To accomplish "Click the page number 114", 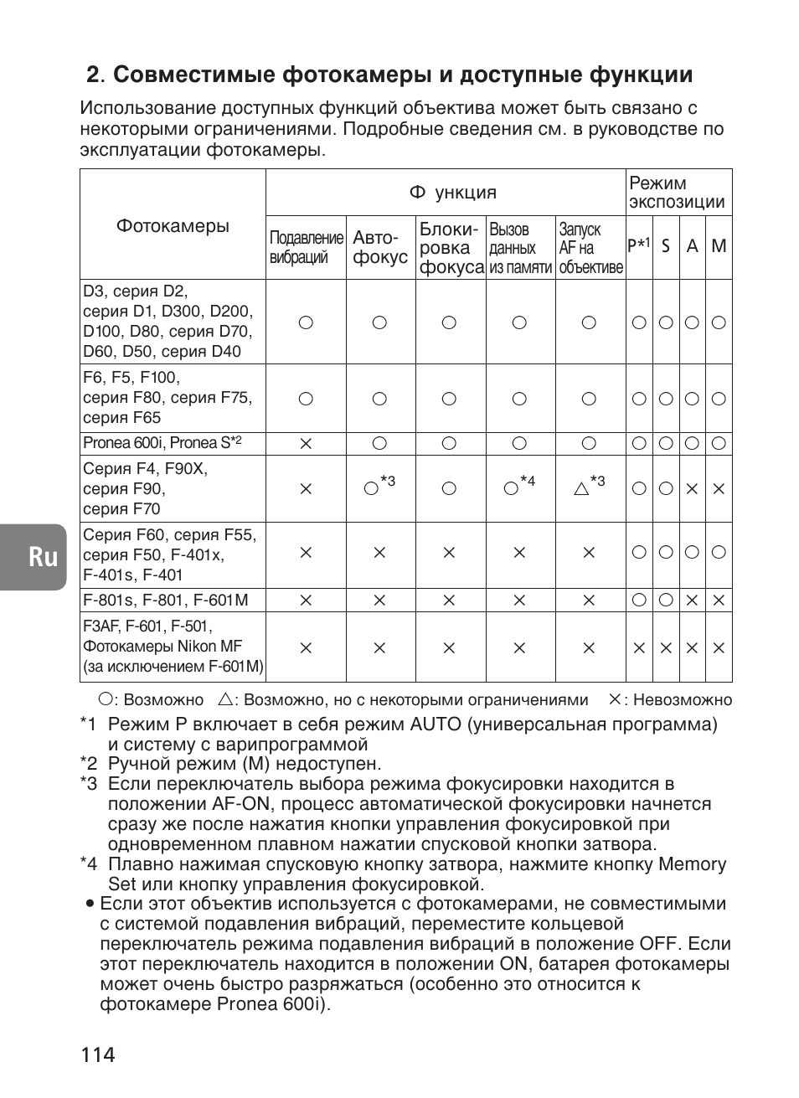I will (x=98, y=1054).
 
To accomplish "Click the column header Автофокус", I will (x=380, y=248).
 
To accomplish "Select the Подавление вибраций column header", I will (x=307, y=248).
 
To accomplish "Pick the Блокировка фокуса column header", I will (x=451, y=248).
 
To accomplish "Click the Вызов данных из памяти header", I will (x=520, y=248).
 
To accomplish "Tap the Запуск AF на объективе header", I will (x=590, y=248).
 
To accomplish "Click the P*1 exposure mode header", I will (x=638, y=245).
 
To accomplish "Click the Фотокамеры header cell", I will (x=173, y=226).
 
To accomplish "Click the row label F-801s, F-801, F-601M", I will (x=165, y=600).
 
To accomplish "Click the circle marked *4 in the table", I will (x=511, y=488).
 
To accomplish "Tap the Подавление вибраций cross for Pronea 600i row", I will (x=306, y=444).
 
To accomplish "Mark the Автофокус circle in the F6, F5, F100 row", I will (x=379, y=399).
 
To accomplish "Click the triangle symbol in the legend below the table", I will (x=224, y=699).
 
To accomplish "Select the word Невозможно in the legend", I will (x=683, y=700).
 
